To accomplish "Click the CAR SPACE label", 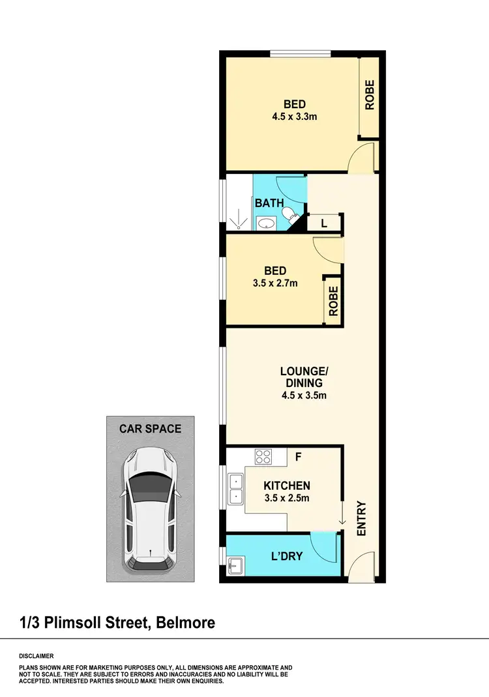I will pyautogui.click(x=150, y=429).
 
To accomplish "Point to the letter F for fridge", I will pyautogui.click(x=298, y=456).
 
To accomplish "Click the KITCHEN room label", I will pyautogui.click(x=286, y=486).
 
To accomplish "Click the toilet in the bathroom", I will pyautogui.click(x=288, y=214).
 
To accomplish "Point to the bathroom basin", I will pyautogui.click(x=265, y=224).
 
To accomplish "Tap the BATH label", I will pyautogui.click(x=269, y=203).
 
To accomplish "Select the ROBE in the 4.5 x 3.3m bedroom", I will pyautogui.click(x=369, y=94).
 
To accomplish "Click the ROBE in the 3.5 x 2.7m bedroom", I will pyautogui.click(x=333, y=301).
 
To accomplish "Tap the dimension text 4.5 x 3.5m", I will pyautogui.click(x=301, y=395).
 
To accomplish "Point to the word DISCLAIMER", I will pyautogui.click(x=37, y=656).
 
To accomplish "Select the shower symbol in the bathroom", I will pyautogui.click(x=239, y=219).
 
